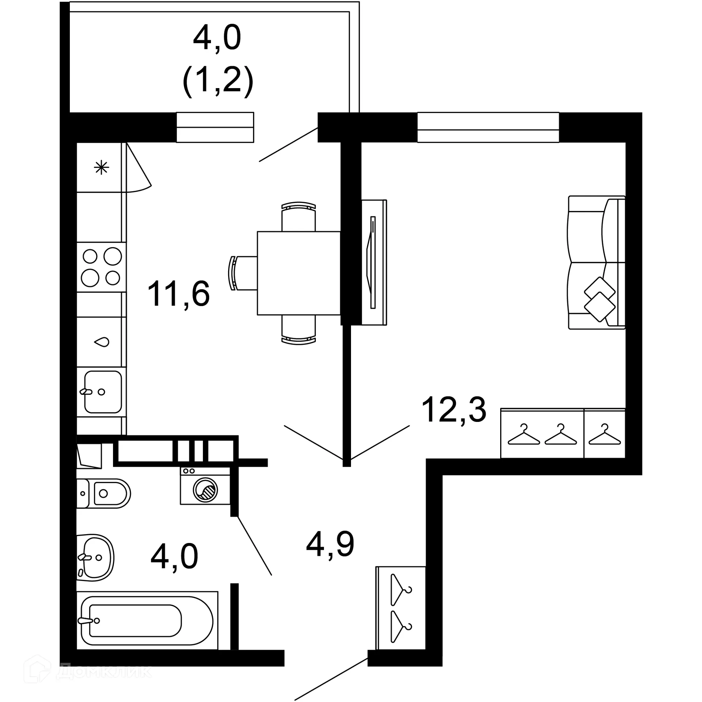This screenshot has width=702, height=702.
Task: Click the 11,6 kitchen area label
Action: click(178, 294)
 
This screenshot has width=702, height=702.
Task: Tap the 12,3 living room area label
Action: click(454, 410)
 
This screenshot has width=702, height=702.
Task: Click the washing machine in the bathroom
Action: click(205, 490)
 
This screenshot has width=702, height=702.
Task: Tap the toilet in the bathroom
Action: click(103, 493)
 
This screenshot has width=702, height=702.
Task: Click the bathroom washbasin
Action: click(96, 558)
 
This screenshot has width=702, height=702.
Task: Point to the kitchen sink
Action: click(102, 392)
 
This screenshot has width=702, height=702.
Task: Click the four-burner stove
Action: click(101, 267)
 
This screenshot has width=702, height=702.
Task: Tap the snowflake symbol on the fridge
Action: click(101, 168)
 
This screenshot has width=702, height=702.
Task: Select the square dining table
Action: click(299, 273)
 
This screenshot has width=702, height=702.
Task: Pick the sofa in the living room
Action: click(596, 263)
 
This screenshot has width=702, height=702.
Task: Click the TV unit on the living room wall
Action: click(374, 262)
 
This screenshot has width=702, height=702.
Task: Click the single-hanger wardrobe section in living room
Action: click(604, 434)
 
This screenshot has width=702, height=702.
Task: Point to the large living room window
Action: click(488, 127)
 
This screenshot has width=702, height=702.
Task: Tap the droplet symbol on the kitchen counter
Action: click(102, 342)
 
